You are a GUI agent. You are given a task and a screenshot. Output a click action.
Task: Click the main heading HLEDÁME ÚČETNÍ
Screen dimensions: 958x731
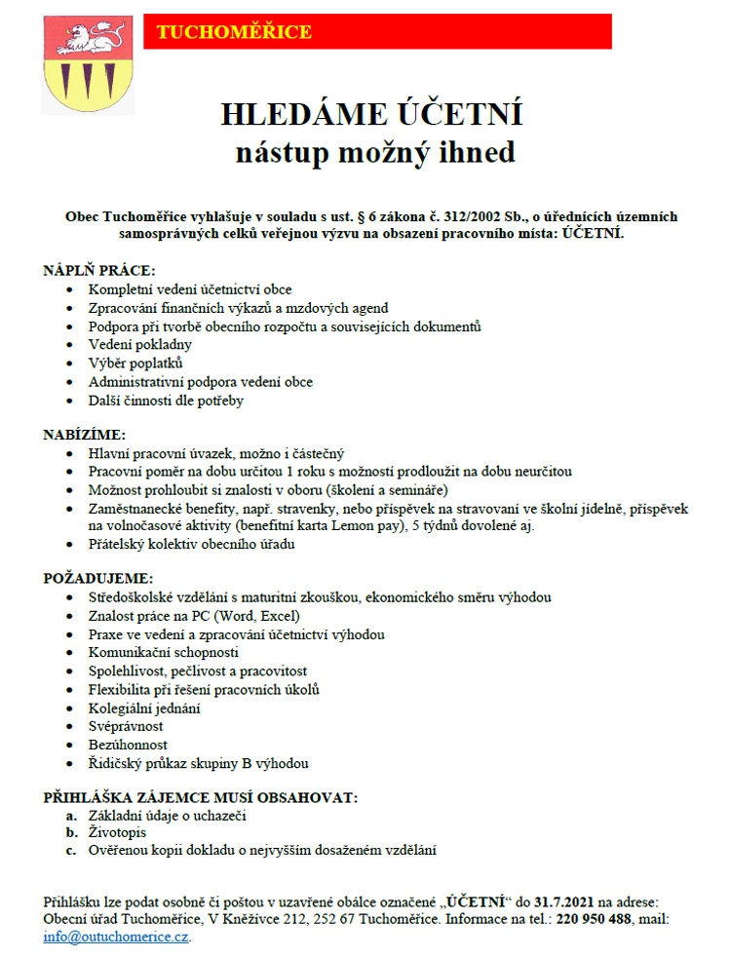[371, 115]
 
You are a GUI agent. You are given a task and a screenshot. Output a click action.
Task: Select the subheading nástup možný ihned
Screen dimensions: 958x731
[374, 153]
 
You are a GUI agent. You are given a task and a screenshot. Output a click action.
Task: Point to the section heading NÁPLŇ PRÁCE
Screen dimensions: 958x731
[99, 270]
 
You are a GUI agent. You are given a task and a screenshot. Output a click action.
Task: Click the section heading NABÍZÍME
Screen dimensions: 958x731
[85, 434]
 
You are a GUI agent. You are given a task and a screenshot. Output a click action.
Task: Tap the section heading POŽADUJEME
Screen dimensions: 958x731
[98, 578]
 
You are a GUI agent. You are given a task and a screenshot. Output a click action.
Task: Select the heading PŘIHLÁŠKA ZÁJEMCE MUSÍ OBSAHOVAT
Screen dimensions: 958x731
[201, 797]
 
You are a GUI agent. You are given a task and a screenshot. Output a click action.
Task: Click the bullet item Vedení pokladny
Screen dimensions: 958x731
[140, 344]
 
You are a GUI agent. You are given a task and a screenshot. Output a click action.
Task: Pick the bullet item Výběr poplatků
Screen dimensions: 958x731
[135, 363]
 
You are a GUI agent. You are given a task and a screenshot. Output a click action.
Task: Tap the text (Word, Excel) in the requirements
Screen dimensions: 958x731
[260, 616]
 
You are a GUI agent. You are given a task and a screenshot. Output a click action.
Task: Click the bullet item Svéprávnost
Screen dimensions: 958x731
[126, 726]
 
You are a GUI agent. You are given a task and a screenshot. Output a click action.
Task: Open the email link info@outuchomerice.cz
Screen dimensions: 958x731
[116, 937]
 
